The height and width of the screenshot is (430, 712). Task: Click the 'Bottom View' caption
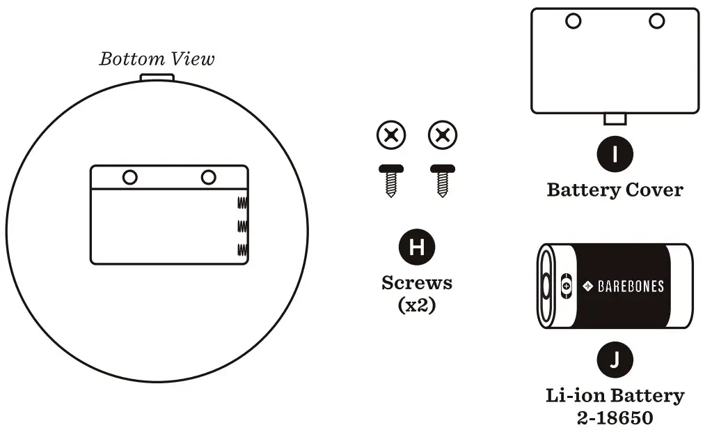(157, 59)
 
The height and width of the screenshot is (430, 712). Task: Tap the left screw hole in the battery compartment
(129, 177)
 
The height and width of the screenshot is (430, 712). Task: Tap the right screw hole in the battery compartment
(208, 177)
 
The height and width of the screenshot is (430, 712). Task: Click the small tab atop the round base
(157, 77)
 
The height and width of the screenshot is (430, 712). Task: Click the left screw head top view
(391, 135)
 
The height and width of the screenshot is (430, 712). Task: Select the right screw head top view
(443, 135)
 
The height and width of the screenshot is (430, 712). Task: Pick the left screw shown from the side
(390, 180)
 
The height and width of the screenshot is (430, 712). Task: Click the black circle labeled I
(615, 154)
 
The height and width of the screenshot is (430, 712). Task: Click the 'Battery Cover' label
(615, 189)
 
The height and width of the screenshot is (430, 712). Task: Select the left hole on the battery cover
(573, 21)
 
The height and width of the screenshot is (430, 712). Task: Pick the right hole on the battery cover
(656, 21)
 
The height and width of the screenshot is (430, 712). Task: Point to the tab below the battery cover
(615, 118)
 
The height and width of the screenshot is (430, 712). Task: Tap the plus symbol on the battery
(567, 286)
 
